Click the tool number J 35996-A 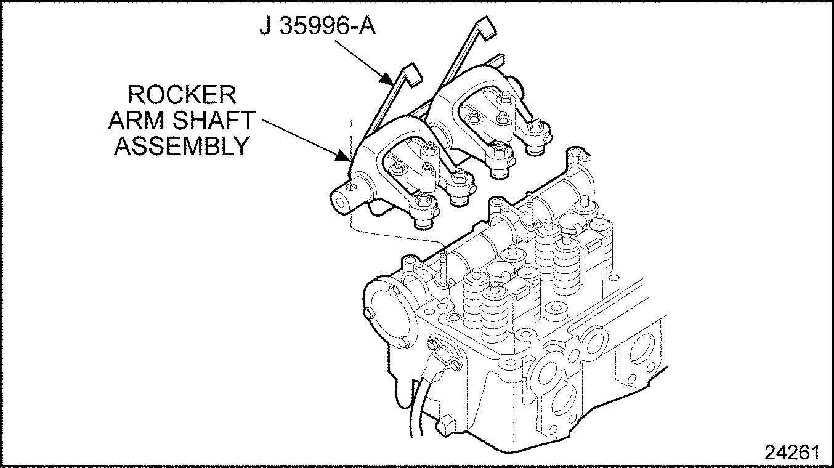tap(317, 28)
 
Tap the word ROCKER tap(181, 96)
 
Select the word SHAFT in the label tap(216, 121)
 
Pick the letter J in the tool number tap(265, 28)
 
